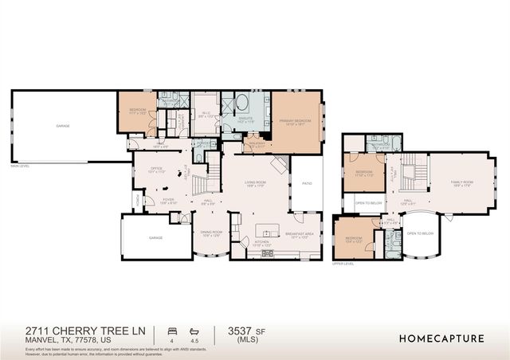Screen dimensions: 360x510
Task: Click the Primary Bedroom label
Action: click(295, 121)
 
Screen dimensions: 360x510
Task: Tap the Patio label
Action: click(307, 185)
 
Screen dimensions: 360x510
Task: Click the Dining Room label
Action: click(211, 234)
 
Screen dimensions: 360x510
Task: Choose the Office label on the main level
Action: click(157, 170)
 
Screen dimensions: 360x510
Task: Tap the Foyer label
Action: click(167, 202)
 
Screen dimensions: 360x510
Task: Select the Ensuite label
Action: click(245, 121)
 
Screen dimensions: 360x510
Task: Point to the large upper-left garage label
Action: click(62, 126)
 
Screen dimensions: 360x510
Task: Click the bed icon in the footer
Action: click(171, 329)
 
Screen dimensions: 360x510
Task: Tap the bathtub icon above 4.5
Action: click(194, 329)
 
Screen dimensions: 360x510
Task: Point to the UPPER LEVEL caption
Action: click(343, 263)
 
